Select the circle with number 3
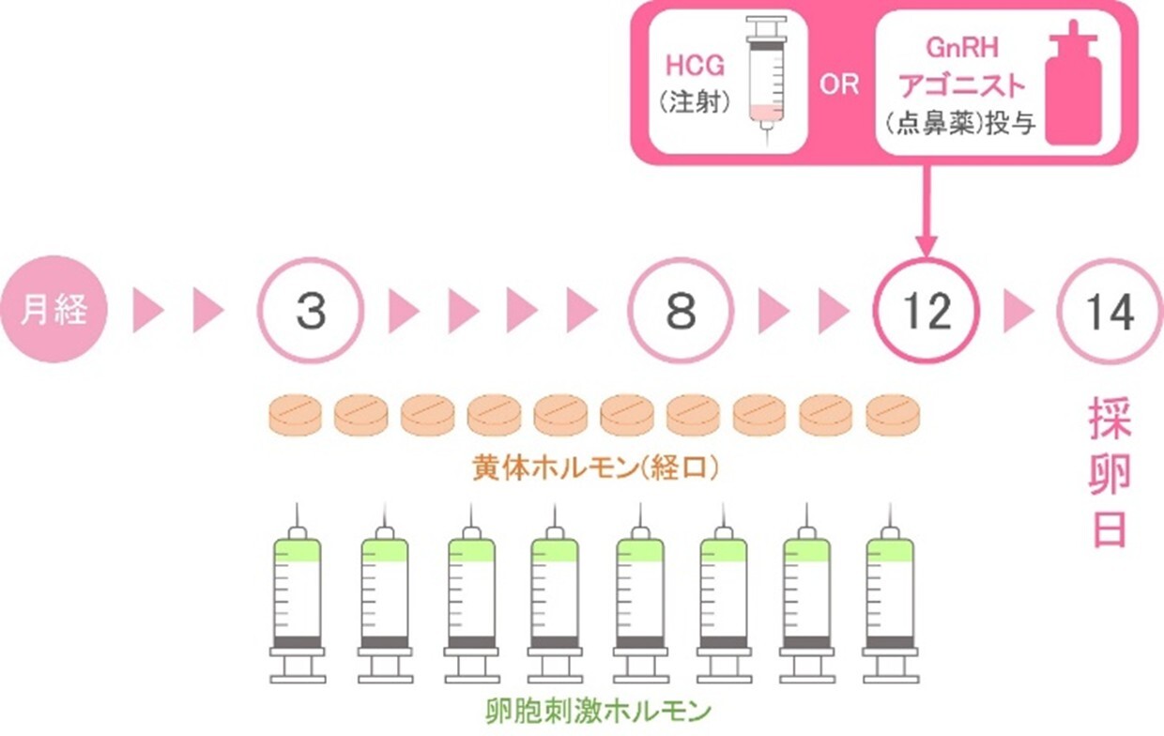[311, 311]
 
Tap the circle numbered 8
[681, 311]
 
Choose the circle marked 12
[927, 311]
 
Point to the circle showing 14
[1110, 311]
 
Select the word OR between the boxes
[839, 84]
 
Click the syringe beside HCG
[767, 80]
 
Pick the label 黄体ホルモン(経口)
[597, 467]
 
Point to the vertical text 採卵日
[1110, 474]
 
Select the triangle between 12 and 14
[1018, 311]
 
